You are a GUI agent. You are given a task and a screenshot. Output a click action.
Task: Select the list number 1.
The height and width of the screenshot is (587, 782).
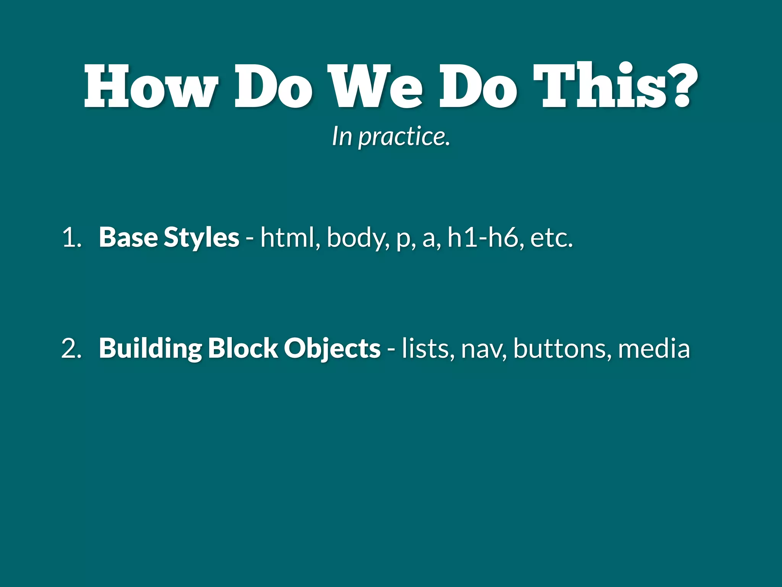[x=71, y=238]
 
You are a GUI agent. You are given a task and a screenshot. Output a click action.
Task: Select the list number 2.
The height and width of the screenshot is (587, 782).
[x=71, y=349]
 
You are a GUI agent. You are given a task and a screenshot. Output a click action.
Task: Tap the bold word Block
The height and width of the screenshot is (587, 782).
[x=243, y=349]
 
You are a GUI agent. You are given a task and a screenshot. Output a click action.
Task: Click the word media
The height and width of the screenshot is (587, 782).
[x=654, y=349]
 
